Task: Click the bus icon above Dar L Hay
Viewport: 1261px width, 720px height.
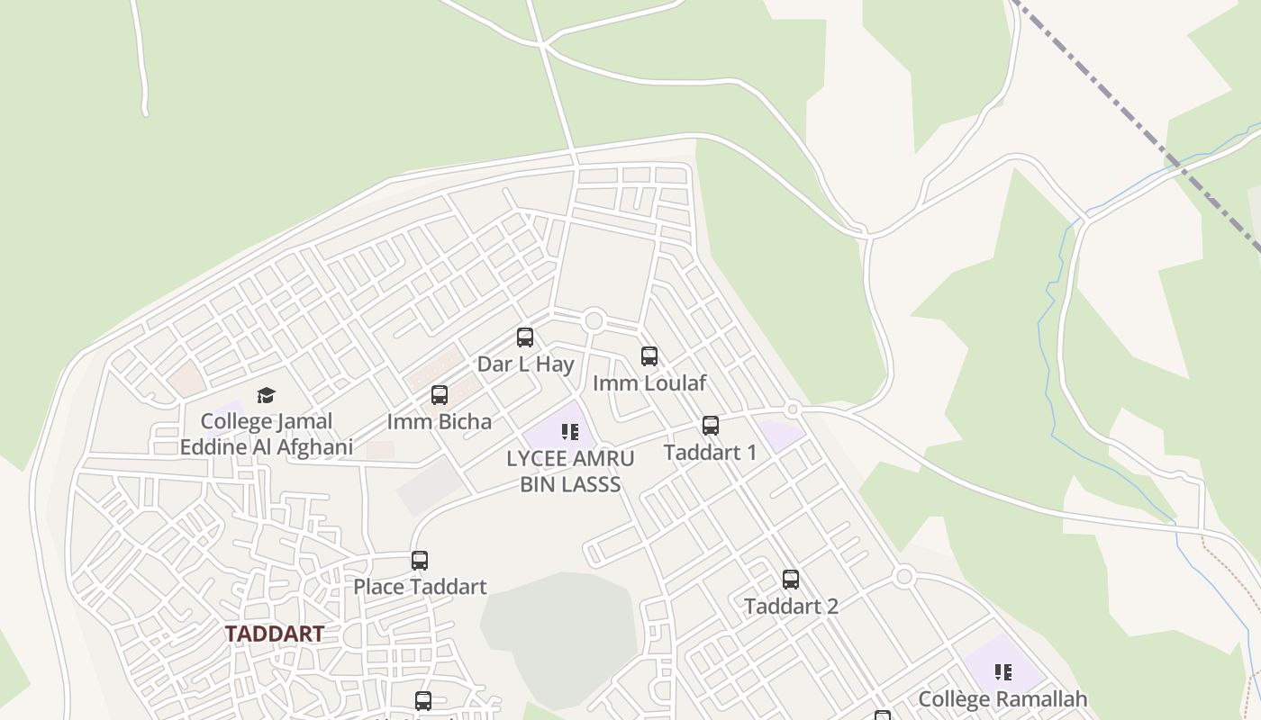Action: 525,337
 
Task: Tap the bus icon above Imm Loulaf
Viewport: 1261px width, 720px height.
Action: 649,355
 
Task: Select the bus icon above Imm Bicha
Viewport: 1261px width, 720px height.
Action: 440,394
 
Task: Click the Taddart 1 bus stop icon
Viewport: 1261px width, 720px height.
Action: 711,425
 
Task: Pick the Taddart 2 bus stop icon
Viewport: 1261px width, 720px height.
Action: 791,580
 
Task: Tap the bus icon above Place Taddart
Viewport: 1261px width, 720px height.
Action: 420,560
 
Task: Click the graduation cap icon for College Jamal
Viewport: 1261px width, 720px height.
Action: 266,395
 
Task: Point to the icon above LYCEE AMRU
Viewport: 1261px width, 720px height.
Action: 570,432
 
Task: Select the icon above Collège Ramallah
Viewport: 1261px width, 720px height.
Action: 1002,671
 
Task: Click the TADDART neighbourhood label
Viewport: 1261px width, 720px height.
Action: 274,634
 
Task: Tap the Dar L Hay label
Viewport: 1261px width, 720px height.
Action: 525,364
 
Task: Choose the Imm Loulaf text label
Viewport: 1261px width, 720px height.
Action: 649,382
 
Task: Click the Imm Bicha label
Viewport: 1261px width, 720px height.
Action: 440,421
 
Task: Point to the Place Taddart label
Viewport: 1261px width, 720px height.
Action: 420,587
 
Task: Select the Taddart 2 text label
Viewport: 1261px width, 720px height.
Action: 791,607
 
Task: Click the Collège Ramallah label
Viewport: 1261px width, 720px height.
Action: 1002,698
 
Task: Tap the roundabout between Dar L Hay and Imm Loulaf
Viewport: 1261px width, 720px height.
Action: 594,320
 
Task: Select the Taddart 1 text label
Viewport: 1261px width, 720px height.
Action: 711,452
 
